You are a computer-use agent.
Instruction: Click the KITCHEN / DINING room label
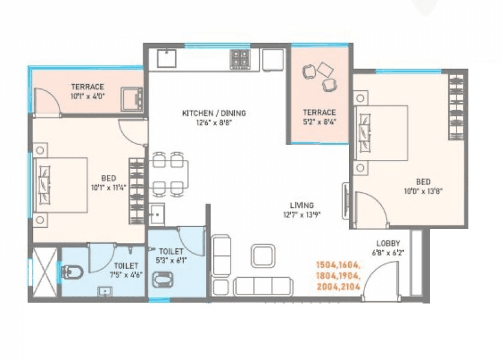[x=214, y=113]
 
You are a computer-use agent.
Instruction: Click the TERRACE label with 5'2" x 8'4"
[x=319, y=112]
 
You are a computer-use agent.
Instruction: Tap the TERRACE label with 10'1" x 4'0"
[x=88, y=87]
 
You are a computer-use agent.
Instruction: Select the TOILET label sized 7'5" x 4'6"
[x=125, y=265]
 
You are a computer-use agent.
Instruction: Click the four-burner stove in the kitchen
[x=240, y=59]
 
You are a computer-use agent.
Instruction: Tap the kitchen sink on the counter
[x=166, y=59]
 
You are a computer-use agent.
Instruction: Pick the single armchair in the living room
[x=262, y=255]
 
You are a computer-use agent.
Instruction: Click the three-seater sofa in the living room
[x=262, y=286]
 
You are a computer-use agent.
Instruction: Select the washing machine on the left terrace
[x=131, y=99]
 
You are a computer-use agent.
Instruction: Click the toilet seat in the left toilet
[x=73, y=272]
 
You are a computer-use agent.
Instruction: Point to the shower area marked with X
[x=44, y=272]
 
